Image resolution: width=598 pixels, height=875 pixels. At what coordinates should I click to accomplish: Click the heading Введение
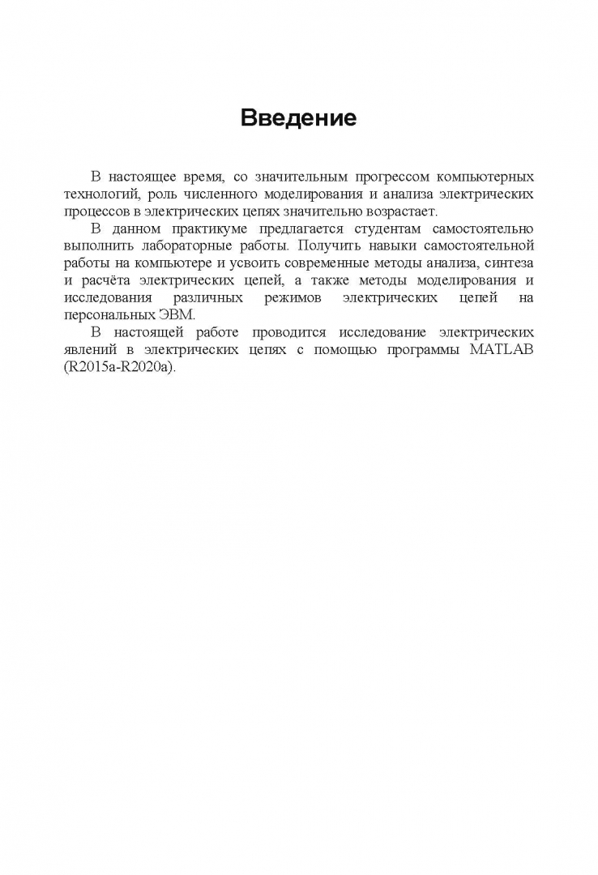tap(298, 118)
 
